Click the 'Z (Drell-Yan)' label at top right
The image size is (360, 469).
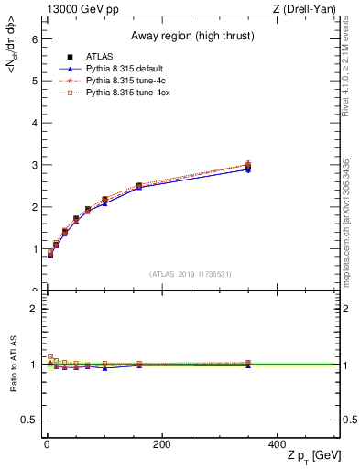(309, 8)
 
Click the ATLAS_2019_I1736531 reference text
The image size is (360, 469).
(190, 274)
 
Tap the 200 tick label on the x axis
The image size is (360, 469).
(161, 444)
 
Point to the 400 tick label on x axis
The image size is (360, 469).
(276, 444)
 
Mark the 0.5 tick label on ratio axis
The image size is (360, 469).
(29, 420)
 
